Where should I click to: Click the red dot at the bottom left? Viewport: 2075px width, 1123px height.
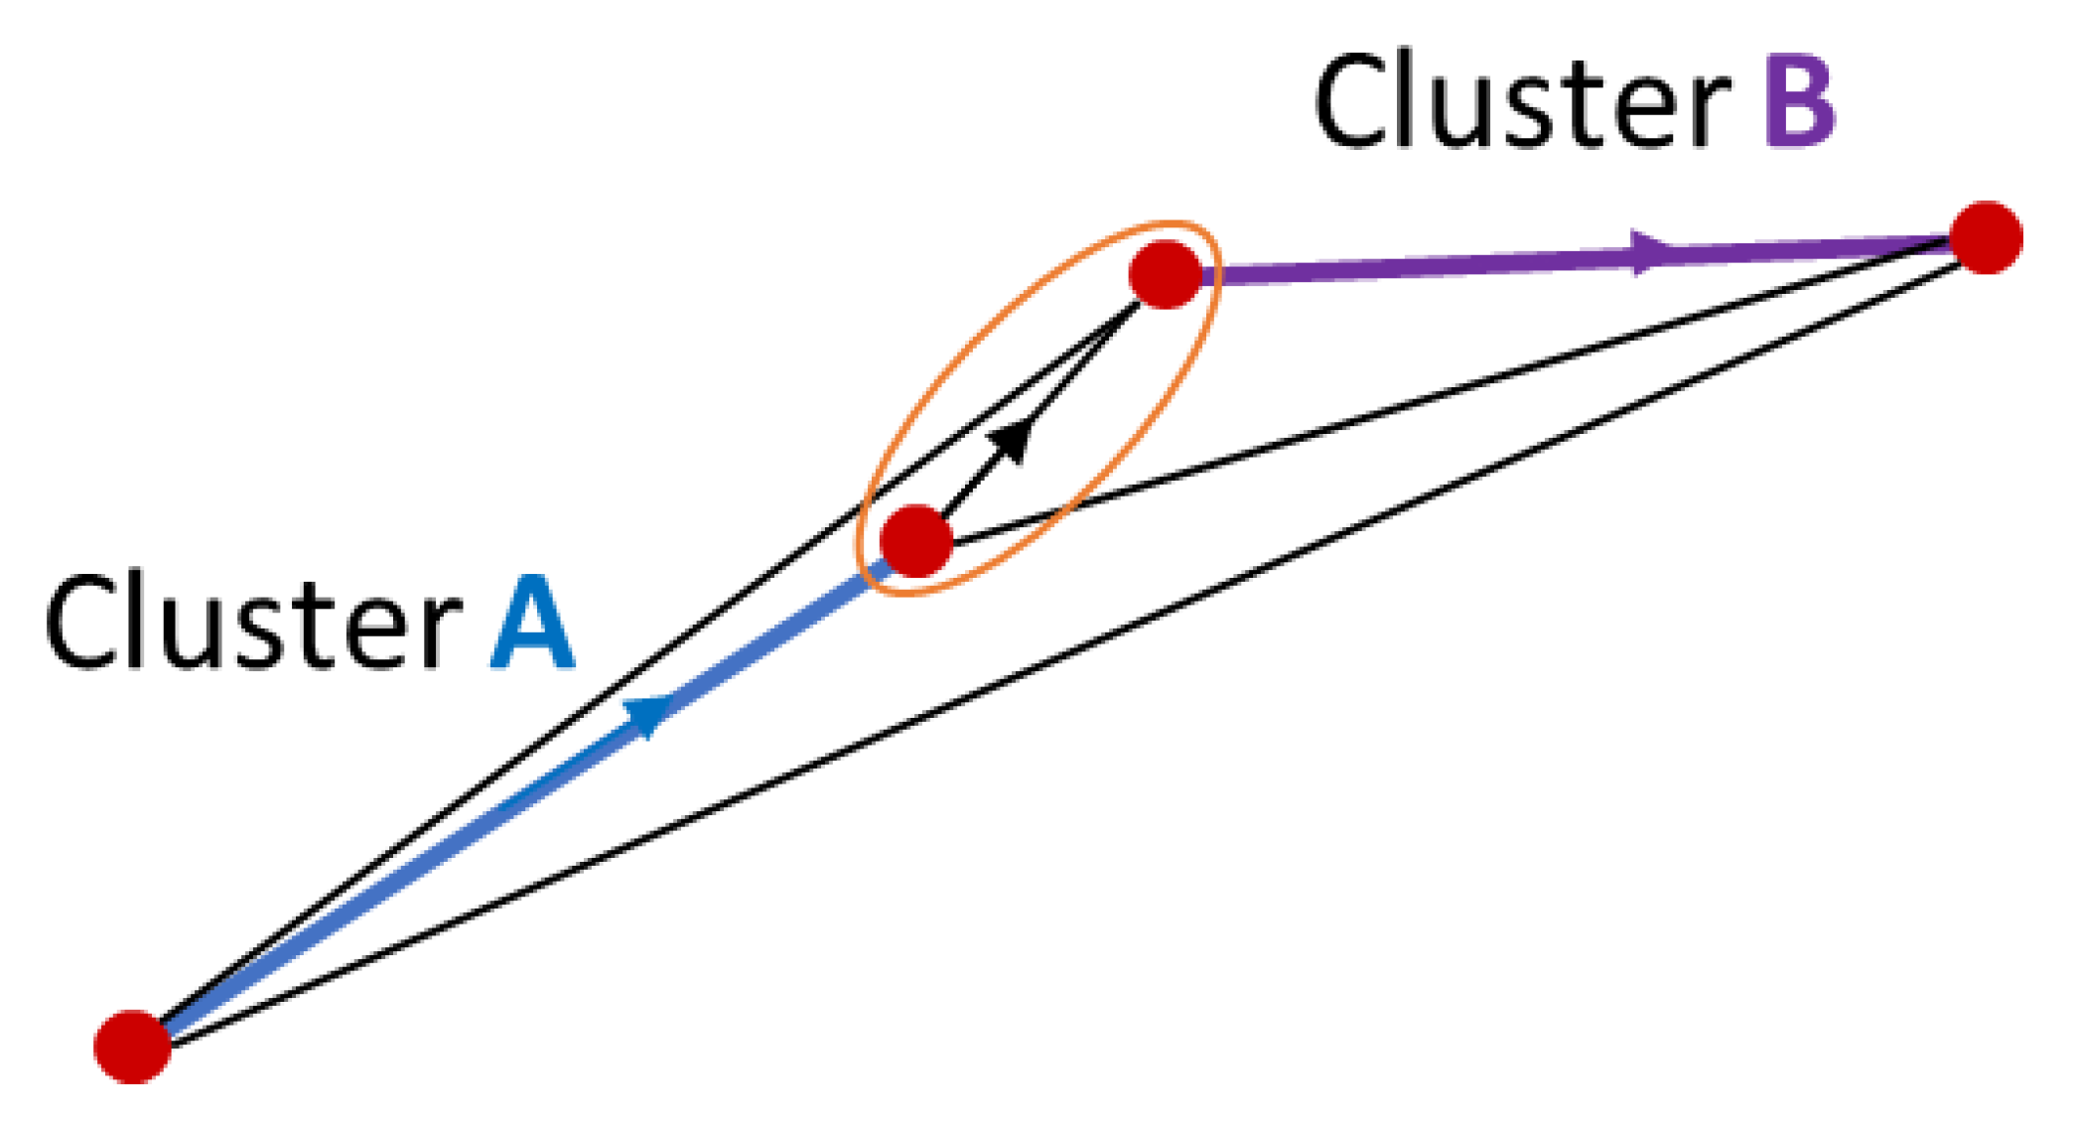click(x=132, y=1046)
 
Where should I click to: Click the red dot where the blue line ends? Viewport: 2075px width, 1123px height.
click(x=916, y=540)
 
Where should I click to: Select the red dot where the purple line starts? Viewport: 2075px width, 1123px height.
click(x=1166, y=274)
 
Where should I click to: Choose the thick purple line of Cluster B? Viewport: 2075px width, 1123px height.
click(x=1440, y=263)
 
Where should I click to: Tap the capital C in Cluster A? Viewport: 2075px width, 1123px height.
click(x=78, y=623)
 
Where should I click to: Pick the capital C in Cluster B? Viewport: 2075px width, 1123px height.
click(x=1350, y=101)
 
